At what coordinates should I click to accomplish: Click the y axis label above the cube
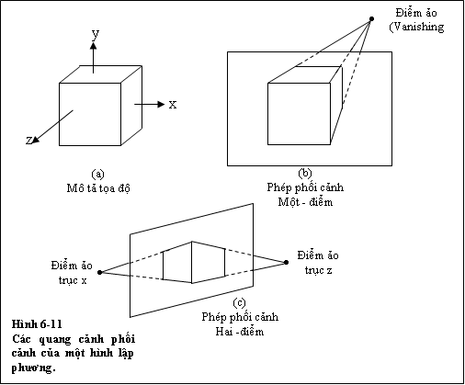(96, 34)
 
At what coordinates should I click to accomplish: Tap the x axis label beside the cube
(173, 105)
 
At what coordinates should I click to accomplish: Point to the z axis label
(28, 141)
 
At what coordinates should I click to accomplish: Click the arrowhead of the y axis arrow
(94, 45)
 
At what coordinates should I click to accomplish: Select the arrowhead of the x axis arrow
(161, 105)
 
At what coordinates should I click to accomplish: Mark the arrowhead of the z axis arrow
(36, 140)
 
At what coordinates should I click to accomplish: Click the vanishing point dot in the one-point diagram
(371, 19)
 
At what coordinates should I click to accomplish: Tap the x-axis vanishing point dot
(99, 272)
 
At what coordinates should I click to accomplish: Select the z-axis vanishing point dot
(286, 262)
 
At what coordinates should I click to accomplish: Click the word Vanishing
(418, 27)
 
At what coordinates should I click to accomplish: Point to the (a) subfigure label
(98, 175)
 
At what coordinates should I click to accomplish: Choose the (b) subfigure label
(305, 174)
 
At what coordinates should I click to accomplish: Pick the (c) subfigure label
(239, 303)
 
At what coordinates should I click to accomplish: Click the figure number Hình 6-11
(37, 324)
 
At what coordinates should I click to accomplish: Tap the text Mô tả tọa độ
(98, 187)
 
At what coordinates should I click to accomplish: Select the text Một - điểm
(305, 202)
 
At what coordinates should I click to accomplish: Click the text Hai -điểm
(240, 332)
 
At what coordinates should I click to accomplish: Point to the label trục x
(73, 280)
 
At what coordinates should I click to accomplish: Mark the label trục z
(319, 270)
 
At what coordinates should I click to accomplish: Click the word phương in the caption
(34, 368)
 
